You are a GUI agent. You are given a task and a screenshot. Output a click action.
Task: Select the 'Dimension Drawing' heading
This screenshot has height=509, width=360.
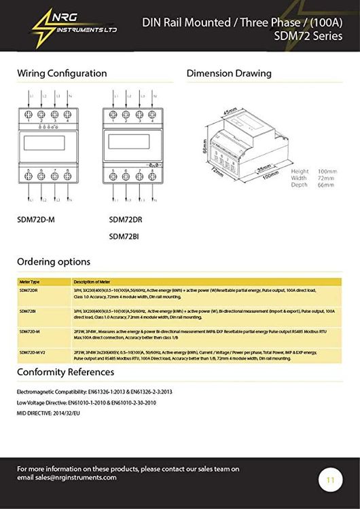(x=229, y=73)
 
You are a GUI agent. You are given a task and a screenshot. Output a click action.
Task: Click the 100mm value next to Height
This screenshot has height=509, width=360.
(x=328, y=171)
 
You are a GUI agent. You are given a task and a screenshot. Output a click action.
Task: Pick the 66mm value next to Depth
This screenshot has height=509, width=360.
(x=326, y=185)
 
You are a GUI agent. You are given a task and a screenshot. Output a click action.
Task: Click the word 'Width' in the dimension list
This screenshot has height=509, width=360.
(x=299, y=178)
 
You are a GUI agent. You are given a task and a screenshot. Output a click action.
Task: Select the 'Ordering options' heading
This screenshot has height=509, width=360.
(x=54, y=261)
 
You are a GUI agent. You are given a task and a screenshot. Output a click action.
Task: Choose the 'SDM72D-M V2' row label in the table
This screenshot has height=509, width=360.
(x=33, y=353)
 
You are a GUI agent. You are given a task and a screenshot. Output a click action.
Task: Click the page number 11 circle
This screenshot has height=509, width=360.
(x=331, y=480)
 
